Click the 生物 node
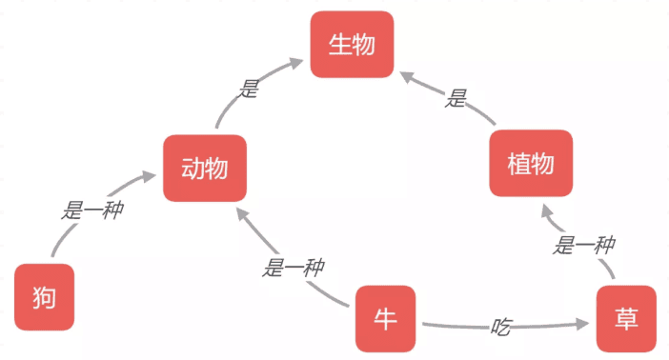coord(352,44)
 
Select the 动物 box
coord(204,169)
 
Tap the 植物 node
coord(531,163)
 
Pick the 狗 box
coord(44,297)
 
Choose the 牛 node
coord(385,318)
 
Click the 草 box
coord(627,318)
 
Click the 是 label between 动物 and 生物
coord(250,90)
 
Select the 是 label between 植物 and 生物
coord(457,98)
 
